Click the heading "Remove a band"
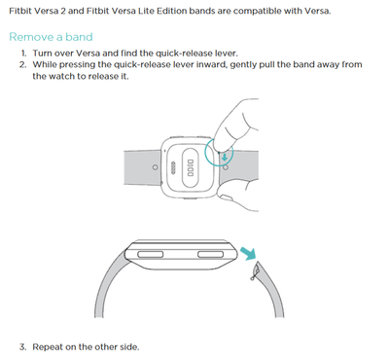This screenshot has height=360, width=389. click(51, 37)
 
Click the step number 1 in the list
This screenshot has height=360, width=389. click(23, 54)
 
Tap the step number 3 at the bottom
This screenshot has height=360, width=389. click(22, 347)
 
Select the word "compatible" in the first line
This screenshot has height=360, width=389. click(257, 12)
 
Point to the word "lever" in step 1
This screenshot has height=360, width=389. click(226, 54)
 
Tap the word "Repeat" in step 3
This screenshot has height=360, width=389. click(48, 347)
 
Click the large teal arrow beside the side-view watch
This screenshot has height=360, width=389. click(248, 253)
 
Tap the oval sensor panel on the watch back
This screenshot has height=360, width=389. click(191, 167)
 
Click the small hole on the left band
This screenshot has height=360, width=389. click(156, 167)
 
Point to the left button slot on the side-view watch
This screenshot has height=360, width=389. click(150, 254)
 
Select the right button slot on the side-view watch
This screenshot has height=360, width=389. click(210, 254)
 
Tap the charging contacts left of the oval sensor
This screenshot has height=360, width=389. click(173, 167)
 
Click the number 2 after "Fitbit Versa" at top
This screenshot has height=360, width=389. click(63, 11)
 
